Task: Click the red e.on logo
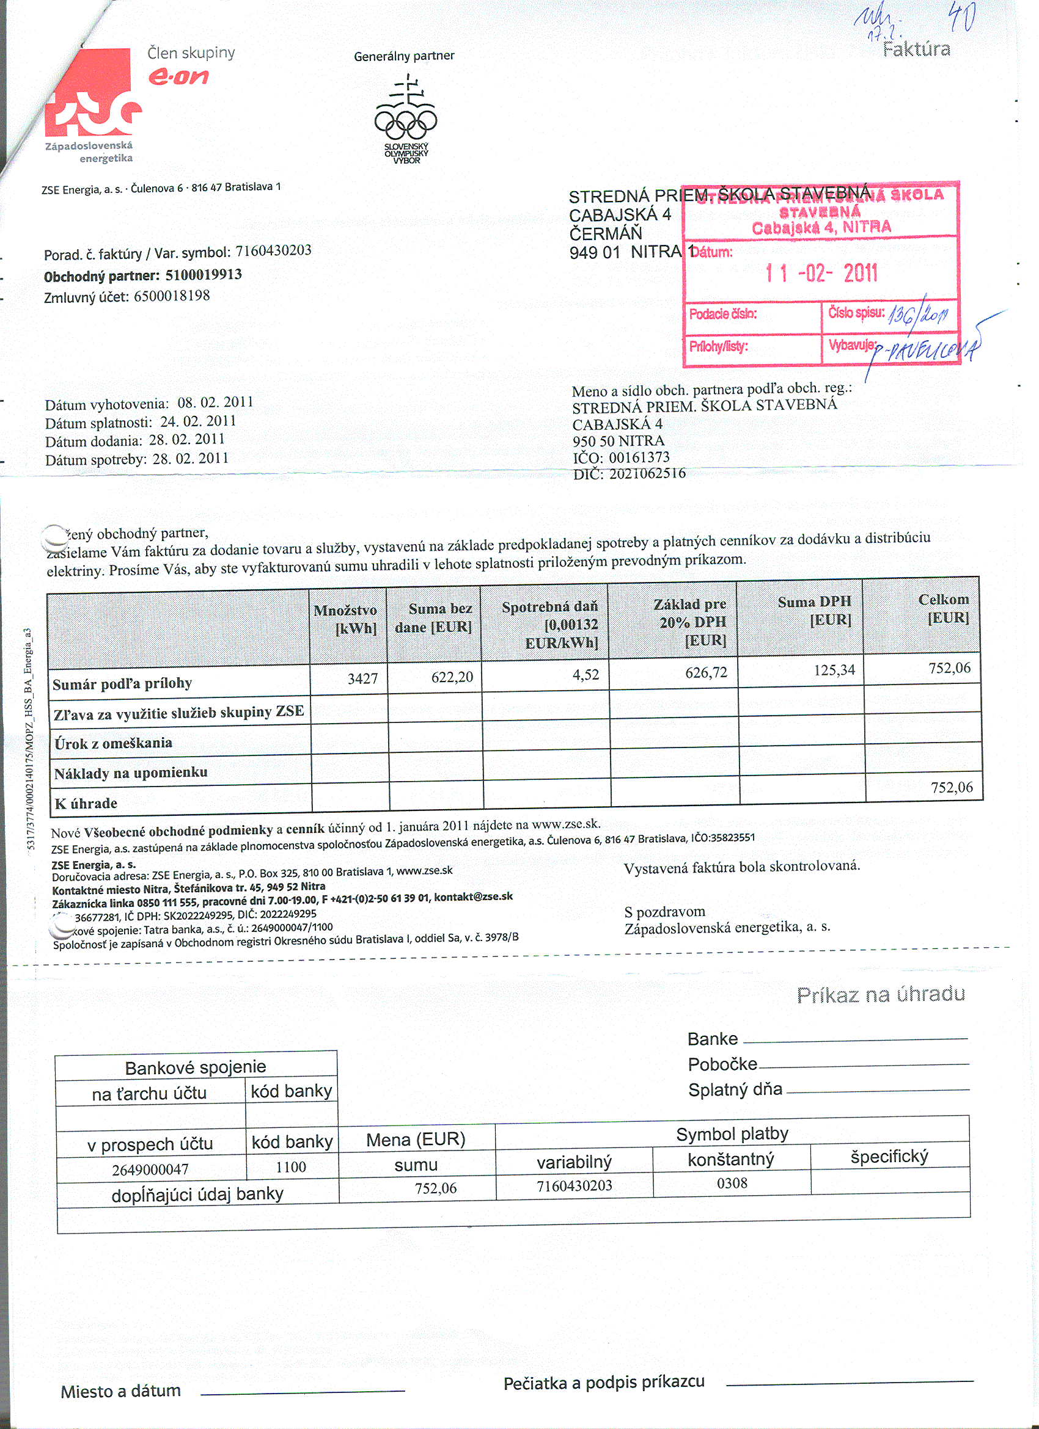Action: (178, 77)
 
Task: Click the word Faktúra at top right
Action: (916, 49)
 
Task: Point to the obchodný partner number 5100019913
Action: (204, 275)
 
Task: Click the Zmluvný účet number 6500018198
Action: (172, 296)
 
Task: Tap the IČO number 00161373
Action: (639, 457)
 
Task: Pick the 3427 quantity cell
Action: (362, 678)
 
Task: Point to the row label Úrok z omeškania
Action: (114, 743)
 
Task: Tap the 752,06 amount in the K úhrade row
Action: (952, 788)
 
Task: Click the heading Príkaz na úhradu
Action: (880, 994)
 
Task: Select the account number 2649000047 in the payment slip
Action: (150, 1169)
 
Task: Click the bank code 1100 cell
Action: (291, 1168)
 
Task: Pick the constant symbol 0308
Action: (732, 1184)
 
